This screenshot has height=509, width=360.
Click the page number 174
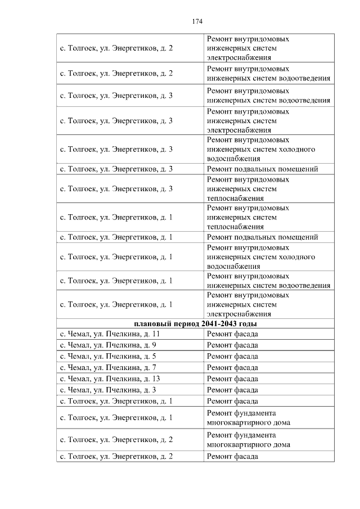(x=196, y=21)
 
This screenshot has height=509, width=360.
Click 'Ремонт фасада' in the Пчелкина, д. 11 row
(x=232, y=334)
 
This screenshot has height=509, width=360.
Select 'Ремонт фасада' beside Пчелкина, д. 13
(x=232, y=379)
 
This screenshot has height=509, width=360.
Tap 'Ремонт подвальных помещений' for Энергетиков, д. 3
(x=262, y=169)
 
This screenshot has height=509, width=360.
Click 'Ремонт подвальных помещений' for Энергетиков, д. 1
(x=262, y=237)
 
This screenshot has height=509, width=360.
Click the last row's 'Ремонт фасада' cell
(x=232, y=456)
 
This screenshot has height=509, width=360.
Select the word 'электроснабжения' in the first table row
(x=238, y=57)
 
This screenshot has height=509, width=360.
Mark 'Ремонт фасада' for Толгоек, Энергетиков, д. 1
(x=232, y=401)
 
